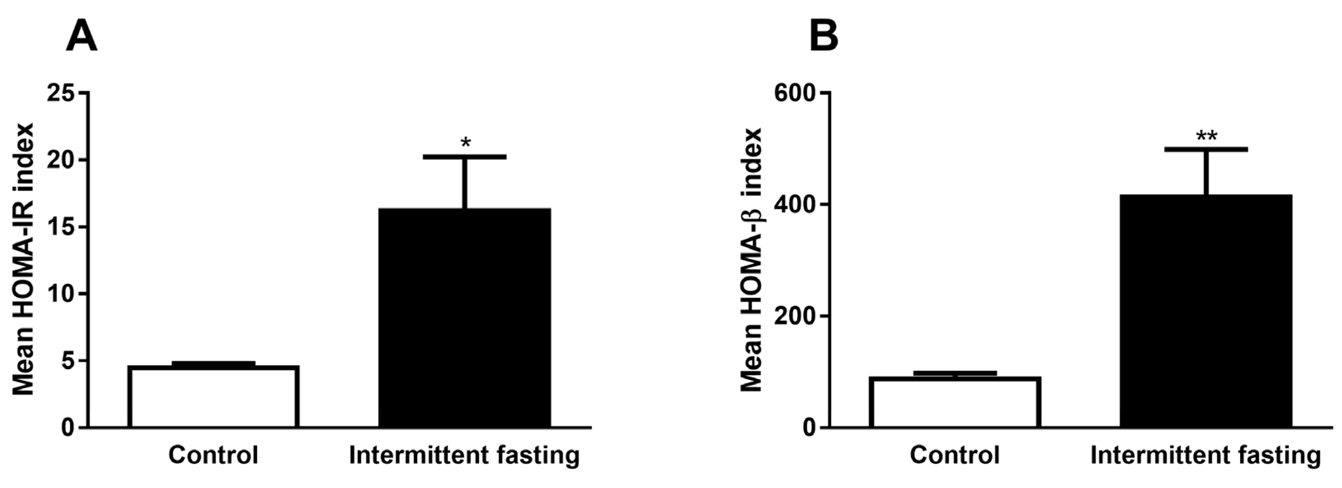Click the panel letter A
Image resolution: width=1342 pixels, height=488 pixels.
[x=82, y=36]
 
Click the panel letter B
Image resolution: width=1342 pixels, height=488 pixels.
[x=824, y=36]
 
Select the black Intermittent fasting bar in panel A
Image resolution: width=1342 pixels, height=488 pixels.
[x=465, y=318]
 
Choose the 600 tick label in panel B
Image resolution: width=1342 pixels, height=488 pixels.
[x=794, y=93]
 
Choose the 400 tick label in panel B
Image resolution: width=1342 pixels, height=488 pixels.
[x=794, y=205]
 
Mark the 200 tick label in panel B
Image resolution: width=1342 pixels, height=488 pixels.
[x=794, y=316]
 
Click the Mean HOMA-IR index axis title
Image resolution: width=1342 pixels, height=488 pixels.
[x=24, y=259]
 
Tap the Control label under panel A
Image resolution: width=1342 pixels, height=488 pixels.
[x=213, y=455]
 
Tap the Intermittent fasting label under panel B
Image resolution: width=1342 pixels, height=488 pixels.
[x=1206, y=455]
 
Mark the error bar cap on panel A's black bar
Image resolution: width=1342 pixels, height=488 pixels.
[x=465, y=156]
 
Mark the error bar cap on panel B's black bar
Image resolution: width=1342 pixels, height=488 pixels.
[x=1206, y=149]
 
